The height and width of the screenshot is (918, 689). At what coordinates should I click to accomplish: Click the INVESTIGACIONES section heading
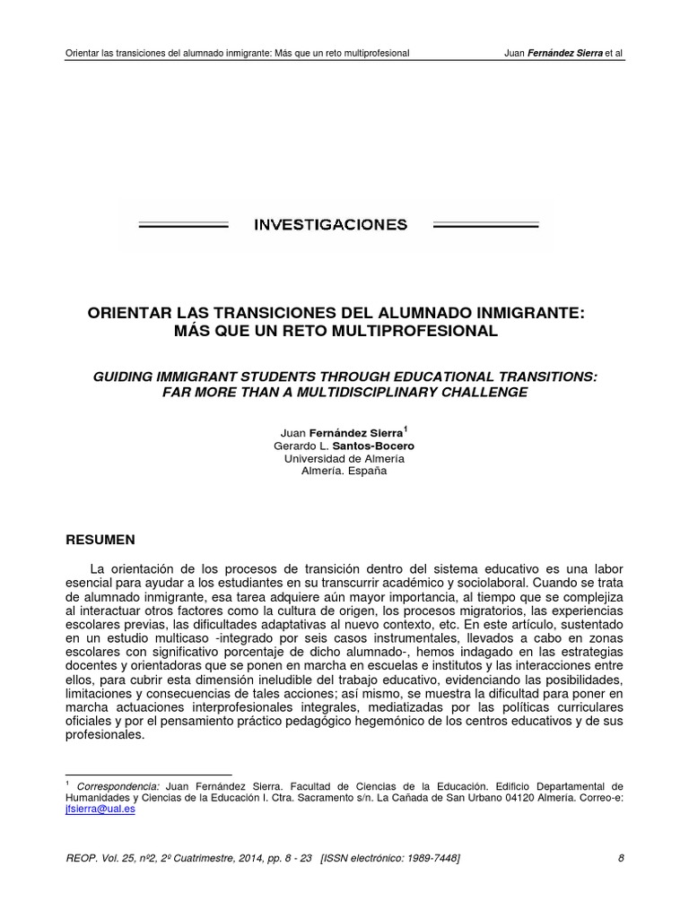[x=331, y=224]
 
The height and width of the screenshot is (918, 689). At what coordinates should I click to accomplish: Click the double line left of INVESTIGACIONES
[x=184, y=226]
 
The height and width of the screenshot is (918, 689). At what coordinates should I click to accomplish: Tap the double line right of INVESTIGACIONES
[x=485, y=226]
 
